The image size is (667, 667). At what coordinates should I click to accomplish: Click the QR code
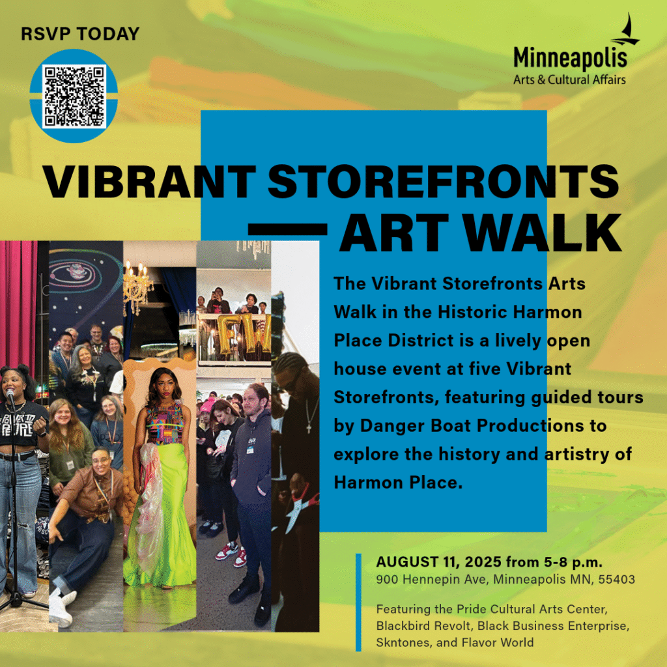coord(74,96)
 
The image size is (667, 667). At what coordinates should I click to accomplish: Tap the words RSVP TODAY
coord(80,34)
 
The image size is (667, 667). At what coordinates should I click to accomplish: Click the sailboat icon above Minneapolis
coord(626,30)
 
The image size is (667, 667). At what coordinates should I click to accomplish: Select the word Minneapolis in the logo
coord(570,58)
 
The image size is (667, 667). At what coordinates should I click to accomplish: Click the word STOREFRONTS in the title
coord(443,182)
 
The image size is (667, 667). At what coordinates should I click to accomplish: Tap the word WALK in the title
coord(543,233)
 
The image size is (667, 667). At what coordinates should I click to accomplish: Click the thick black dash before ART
coord(287,229)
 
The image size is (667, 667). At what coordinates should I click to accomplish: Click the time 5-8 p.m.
coord(573,562)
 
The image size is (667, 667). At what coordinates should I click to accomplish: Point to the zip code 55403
coord(617,579)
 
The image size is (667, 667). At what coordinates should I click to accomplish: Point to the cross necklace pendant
coord(309,427)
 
